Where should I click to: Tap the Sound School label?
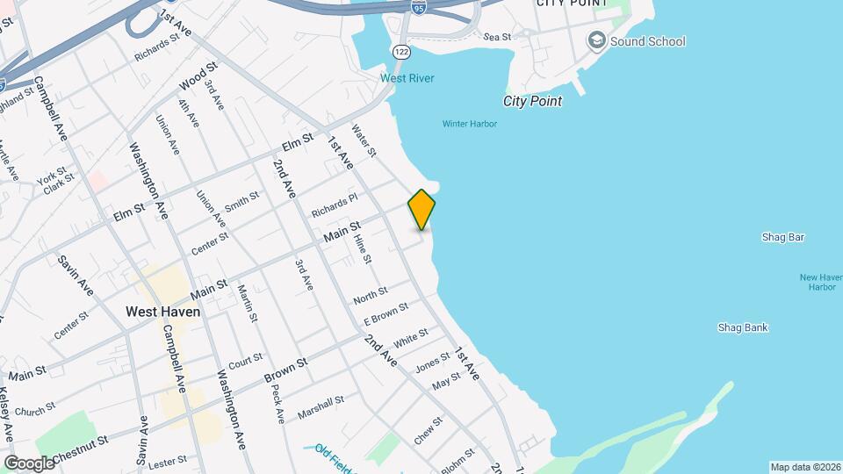[x=647, y=41]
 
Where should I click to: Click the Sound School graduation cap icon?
[x=597, y=40]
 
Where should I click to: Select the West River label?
[x=407, y=78]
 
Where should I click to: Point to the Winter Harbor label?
[x=469, y=124]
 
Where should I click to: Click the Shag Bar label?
[x=784, y=237]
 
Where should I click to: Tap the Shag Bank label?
[x=743, y=327]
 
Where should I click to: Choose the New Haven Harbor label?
[x=822, y=282]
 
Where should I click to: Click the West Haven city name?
[x=162, y=311]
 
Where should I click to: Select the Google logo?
[x=29, y=463]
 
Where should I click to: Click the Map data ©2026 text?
[x=803, y=467]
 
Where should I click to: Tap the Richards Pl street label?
[x=335, y=206]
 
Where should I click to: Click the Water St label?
[x=364, y=140]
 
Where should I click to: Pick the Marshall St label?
[x=320, y=406]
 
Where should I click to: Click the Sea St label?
[x=496, y=37]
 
